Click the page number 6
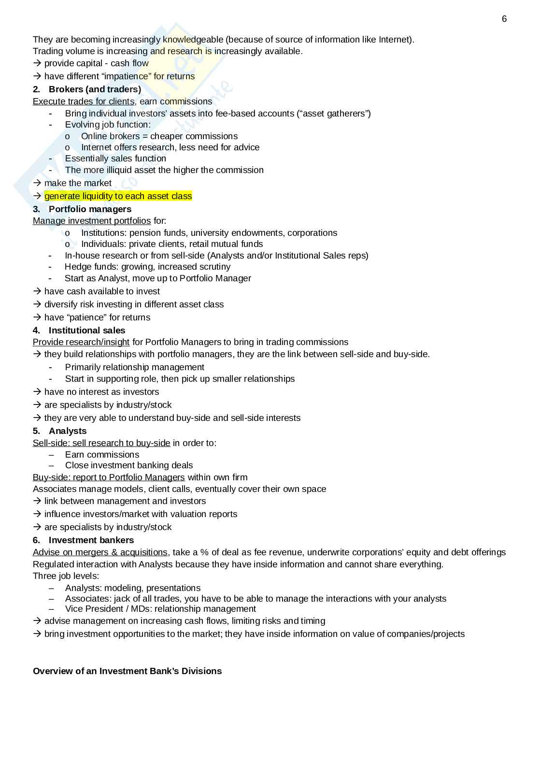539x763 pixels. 504,19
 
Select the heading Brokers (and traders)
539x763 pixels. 95,89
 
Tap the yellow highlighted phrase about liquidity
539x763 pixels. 118,196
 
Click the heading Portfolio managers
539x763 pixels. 90,209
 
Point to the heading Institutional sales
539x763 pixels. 87,331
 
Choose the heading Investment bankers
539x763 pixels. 91,540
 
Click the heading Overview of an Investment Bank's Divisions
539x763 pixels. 127,671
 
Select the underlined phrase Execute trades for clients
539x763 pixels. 84,101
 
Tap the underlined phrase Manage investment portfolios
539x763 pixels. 92,221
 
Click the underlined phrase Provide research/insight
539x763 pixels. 81,342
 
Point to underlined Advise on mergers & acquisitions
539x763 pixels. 100,552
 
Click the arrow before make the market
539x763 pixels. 37,183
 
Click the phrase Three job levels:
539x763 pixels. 66,576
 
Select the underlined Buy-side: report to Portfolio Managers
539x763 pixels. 109,477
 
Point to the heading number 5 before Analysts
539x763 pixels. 36,431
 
